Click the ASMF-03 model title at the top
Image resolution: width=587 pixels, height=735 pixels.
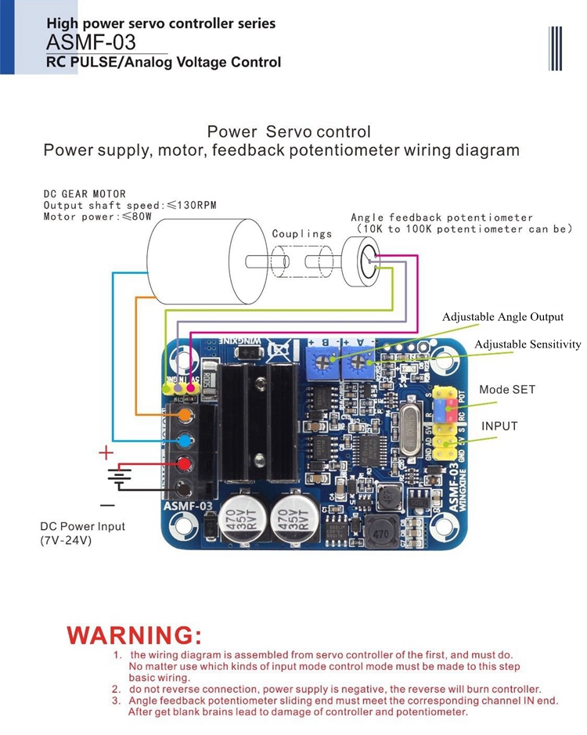(x=91, y=42)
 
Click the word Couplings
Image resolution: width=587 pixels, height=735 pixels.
(x=301, y=233)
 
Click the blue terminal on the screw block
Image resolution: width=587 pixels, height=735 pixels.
(x=185, y=438)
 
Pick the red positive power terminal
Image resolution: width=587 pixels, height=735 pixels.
(x=185, y=463)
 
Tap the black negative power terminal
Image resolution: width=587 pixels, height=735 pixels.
(x=185, y=489)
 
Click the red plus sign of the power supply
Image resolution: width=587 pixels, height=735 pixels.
(x=106, y=452)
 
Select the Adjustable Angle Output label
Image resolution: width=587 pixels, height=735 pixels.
(x=502, y=317)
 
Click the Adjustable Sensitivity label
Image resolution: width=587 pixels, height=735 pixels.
(x=528, y=344)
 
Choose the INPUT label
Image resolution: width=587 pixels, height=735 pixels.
(x=499, y=426)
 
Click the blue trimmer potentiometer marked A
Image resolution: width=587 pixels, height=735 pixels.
(x=359, y=362)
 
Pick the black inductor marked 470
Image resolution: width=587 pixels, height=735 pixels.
(x=380, y=534)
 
